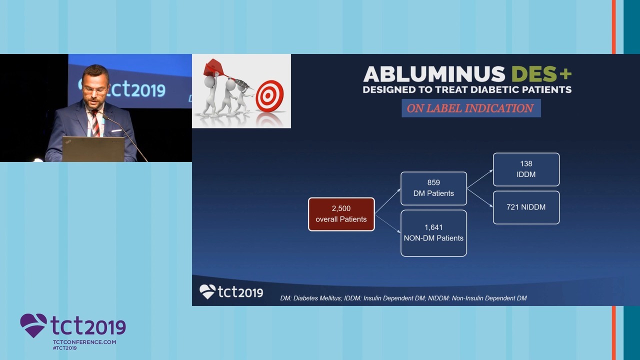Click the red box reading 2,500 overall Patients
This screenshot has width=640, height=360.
tap(341, 214)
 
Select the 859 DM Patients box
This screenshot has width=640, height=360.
tap(433, 188)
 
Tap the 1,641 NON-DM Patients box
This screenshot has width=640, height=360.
tap(433, 233)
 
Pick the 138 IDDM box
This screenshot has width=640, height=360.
tap(526, 169)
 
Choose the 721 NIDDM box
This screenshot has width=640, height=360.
tap(526, 207)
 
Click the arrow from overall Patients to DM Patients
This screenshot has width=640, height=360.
tap(387, 201)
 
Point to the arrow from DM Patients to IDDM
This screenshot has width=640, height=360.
tap(480, 179)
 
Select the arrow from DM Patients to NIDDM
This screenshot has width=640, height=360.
tap(480, 197)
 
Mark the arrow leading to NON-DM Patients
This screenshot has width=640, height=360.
tap(387, 224)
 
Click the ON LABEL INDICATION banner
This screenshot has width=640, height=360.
tap(471, 108)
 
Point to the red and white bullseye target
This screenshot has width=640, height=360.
tap(269, 96)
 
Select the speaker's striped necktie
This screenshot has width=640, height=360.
tap(95, 123)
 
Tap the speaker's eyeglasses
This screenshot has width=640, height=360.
tap(94, 90)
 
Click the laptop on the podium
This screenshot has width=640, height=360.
tap(93, 149)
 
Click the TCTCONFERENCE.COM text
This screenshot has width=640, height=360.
tap(84, 342)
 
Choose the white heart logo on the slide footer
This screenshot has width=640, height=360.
tap(207, 291)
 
